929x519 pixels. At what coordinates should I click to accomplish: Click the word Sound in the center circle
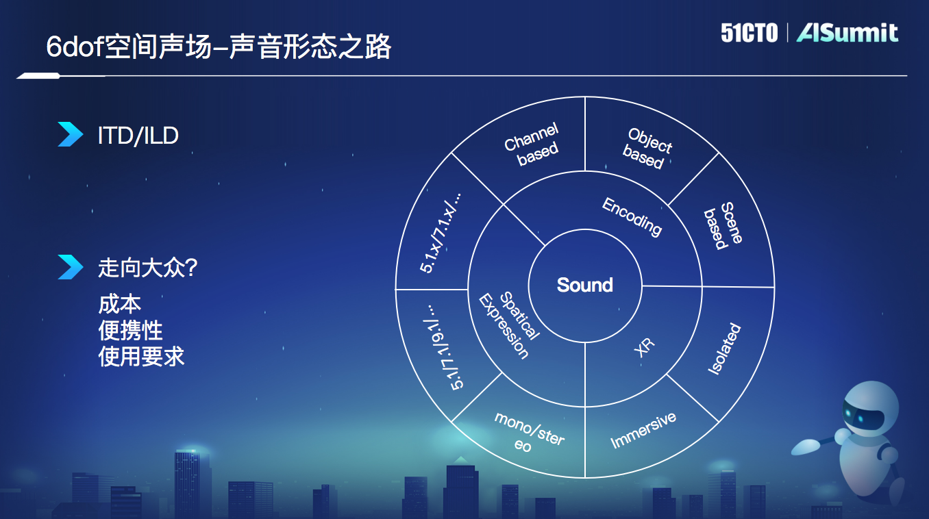tap(584, 285)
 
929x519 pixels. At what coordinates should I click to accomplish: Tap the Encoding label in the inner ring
tap(632, 216)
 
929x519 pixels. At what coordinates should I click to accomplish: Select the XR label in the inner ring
tap(644, 348)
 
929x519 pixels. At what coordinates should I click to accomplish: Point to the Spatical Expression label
tap(511, 325)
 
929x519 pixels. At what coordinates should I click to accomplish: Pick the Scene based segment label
tap(721, 225)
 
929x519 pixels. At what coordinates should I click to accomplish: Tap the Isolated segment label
tap(724, 349)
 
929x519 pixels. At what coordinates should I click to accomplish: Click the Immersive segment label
tap(643, 430)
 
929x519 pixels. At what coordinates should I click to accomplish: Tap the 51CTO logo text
tap(749, 33)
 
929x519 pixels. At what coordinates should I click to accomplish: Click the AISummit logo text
tap(847, 33)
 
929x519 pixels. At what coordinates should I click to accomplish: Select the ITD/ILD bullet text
tap(138, 136)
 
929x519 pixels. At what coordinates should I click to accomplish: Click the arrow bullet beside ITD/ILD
tap(70, 134)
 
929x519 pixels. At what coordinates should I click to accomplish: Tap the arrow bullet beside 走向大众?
tap(70, 267)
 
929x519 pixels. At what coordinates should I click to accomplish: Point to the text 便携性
tap(130, 330)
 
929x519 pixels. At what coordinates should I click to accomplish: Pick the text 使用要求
tap(141, 356)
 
